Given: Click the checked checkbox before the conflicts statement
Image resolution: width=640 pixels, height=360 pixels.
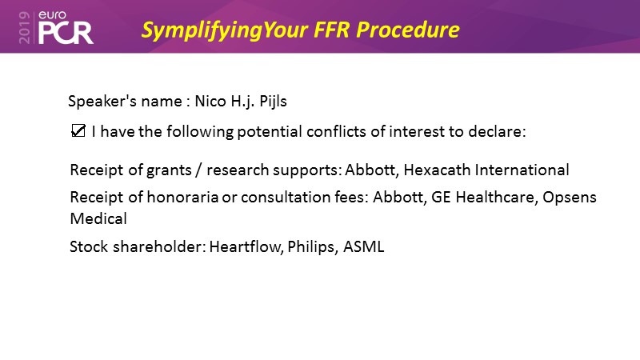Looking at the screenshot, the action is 78,131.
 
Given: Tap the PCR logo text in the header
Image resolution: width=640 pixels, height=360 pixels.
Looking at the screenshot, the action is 66,33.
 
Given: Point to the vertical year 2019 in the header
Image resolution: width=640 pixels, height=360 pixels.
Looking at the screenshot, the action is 25,27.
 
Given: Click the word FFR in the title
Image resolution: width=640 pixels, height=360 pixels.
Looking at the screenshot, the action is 331,30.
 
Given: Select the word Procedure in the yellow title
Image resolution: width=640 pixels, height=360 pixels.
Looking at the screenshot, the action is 408,30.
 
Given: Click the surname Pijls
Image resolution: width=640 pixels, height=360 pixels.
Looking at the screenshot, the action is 273,102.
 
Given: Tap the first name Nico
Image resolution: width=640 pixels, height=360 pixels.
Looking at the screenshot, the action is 210,101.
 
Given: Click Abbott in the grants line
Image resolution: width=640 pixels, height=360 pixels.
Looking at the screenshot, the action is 370,170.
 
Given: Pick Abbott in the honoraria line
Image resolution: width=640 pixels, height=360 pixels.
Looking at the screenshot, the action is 398,197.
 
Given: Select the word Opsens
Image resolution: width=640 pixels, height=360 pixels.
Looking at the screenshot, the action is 570,198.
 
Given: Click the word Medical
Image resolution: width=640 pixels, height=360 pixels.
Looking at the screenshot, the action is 98,218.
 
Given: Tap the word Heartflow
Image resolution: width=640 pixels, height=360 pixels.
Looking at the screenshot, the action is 246,246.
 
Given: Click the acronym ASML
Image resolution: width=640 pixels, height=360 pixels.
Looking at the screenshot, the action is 364,247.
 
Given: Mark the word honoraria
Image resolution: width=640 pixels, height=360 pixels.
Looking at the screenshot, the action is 182,197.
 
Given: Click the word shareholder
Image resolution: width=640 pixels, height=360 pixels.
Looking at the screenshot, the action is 159,246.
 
